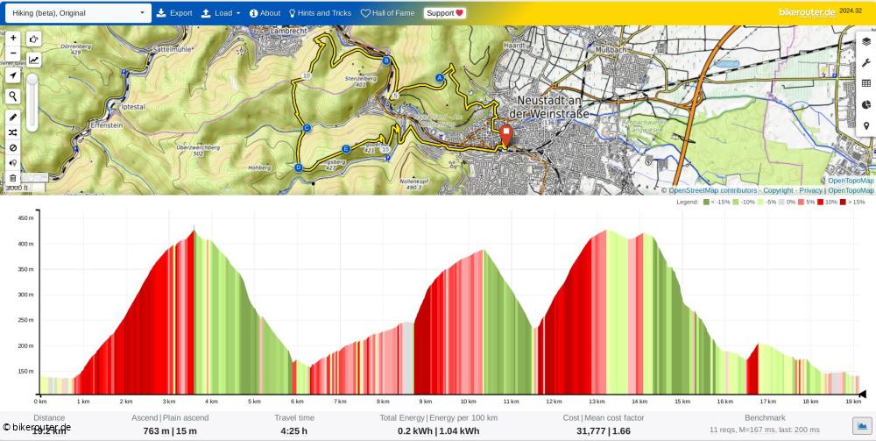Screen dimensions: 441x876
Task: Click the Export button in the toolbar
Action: (174, 13)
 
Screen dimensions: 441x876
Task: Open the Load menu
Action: (220, 13)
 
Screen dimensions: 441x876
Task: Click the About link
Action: (265, 13)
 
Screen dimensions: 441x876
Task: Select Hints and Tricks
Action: (320, 13)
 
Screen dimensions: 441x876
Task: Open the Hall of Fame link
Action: (387, 13)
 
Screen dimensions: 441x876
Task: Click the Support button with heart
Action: (445, 13)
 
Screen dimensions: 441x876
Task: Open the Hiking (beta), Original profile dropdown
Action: (77, 13)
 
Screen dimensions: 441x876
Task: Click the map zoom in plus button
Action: (13, 39)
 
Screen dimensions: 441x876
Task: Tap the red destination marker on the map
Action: (505, 134)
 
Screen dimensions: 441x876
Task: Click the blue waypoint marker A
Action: (439, 77)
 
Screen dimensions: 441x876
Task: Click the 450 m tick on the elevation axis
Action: (25, 217)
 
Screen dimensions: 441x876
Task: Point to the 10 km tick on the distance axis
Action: (469, 402)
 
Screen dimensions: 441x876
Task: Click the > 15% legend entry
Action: (852, 202)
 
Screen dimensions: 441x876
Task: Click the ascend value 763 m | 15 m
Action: (170, 430)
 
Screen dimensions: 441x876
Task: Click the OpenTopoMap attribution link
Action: (851, 190)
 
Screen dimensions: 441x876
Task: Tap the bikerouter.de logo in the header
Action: (806, 12)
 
